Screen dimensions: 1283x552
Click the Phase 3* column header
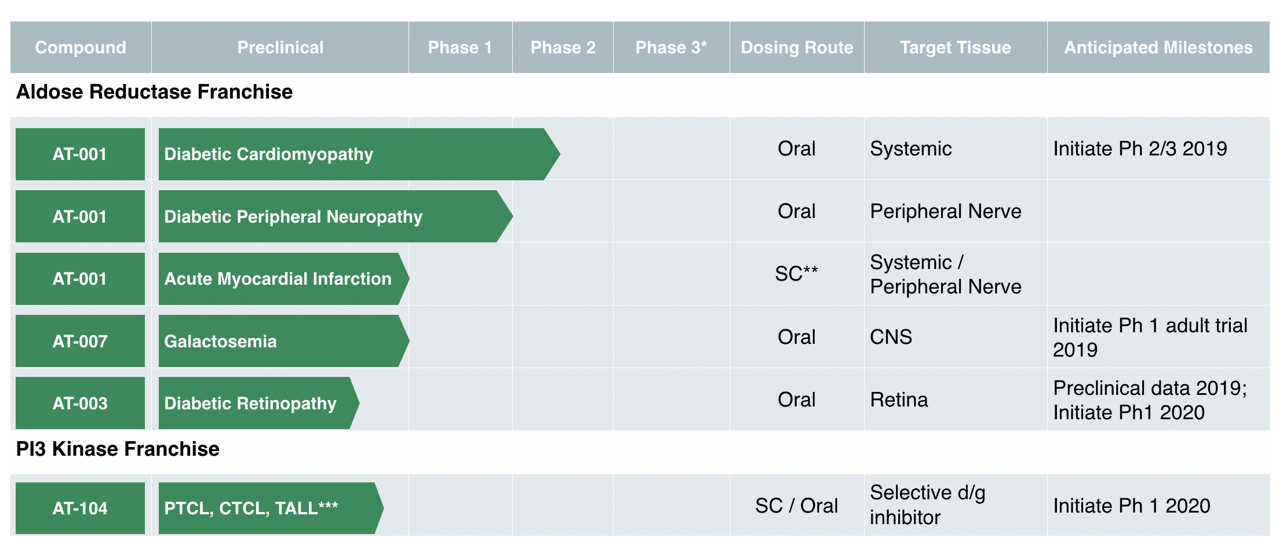pyautogui.click(x=671, y=48)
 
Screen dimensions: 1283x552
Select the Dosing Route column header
pyautogui.click(x=797, y=48)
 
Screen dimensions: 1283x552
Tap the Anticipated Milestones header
pyautogui.click(x=1158, y=48)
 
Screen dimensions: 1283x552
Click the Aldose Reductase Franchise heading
pyautogui.click(x=154, y=92)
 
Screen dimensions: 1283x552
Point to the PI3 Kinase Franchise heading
pyautogui.click(x=118, y=449)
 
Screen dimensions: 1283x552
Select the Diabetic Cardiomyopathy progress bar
pyautogui.click(x=359, y=154)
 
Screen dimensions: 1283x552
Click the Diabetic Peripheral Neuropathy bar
pyautogui.click(x=336, y=216)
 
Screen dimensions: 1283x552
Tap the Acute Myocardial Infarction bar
pyautogui.click(x=284, y=279)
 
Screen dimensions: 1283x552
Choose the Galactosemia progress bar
pyautogui.click(x=284, y=341)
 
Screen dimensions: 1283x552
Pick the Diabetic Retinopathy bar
pyautogui.click(x=259, y=403)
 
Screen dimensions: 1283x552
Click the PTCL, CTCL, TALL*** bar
pyautogui.click(x=271, y=508)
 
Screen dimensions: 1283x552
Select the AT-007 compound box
pyautogui.click(x=80, y=341)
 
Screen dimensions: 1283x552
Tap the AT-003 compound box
pyautogui.click(x=80, y=403)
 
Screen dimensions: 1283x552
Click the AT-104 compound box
pyautogui.click(x=80, y=508)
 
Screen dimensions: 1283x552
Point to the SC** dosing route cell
pyautogui.click(x=797, y=273)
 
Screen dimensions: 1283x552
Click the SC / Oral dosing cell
pyautogui.click(x=797, y=506)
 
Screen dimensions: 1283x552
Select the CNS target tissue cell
pyautogui.click(x=891, y=337)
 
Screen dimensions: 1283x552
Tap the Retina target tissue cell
pyautogui.click(x=899, y=400)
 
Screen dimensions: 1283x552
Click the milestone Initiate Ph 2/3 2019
pyautogui.click(x=1140, y=149)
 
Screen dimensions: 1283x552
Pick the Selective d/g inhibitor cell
pyautogui.click(x=928, y=505)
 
